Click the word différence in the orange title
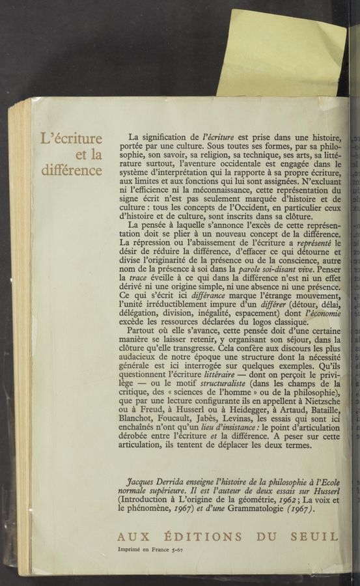coord(72,171)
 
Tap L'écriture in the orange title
coord(72,139)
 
